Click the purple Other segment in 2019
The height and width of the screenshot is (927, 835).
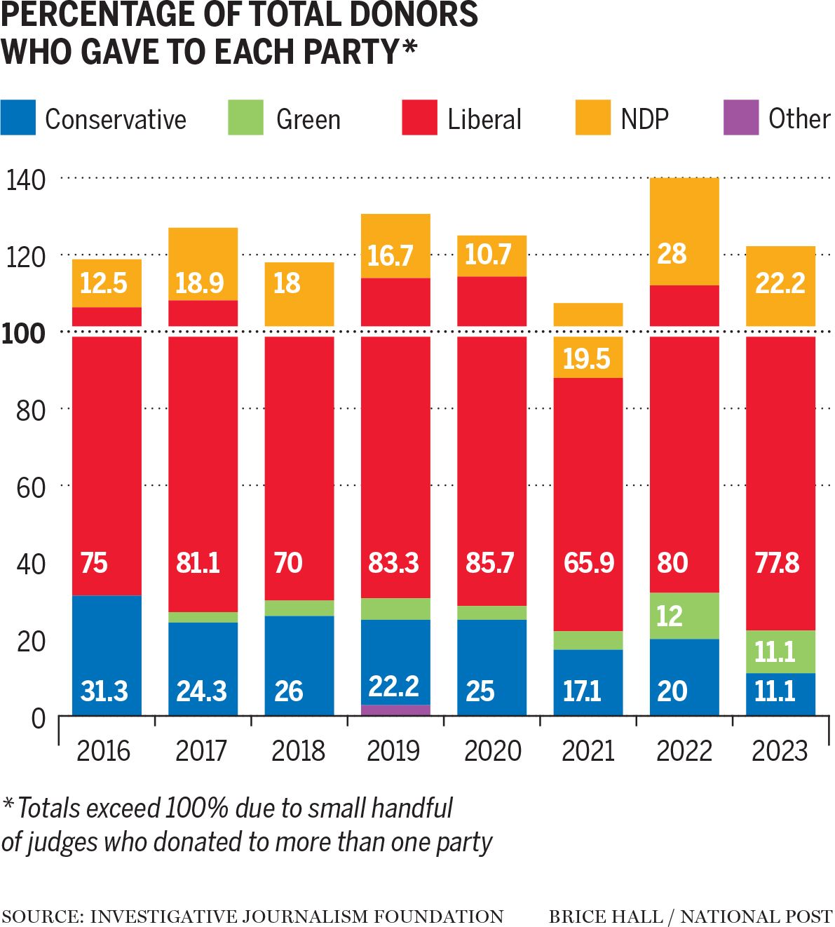pyautogui.click(x=395, y=710)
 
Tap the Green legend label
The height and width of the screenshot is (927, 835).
pyautogui.click(x=308, y=119)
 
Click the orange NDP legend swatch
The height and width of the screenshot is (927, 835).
pyautogui.click(x=592, y=118)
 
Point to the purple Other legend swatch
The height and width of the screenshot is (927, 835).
pyautogui.click(x=740, y=118)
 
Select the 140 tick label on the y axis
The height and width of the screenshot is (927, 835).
pyautogui.click(x=25, y=180)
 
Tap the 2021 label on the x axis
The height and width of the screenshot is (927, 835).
pyautogui.click(x=588, y=751)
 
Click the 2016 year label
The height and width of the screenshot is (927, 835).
pyautogui.click(x=104, y=751)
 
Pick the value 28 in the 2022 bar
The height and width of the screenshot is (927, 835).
pyautogui.click(x=672, y=254)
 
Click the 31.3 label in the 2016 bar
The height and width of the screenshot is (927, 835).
pyautogui.click(x=104, y=691)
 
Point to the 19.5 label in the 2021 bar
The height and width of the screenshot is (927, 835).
pyautogui.click(x=586, y=359)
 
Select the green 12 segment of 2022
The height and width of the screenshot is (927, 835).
pyautogui.click(x=684, y=616)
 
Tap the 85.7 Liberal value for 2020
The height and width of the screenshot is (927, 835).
pyautogui.click(x=489, y=563)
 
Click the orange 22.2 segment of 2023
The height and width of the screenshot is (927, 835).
pyautogui.click(x=780, y=284)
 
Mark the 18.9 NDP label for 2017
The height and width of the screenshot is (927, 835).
pyautogui.click(x=199, y=283)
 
